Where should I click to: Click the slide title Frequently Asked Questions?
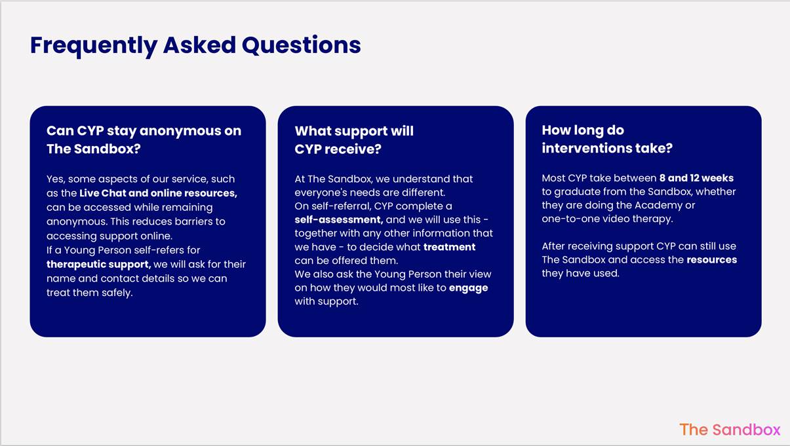[x=195, y=45]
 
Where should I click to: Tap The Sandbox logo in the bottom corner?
[x=730, y=430]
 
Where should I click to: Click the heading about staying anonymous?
[x=144, y=140]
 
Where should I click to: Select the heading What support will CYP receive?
[x=354, y=140]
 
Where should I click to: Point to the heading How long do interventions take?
[x=607, y=139]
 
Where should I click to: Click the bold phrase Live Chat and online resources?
[x=158, y=193]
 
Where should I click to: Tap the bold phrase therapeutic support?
[x=99, y=264]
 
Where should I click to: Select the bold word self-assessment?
[x=338, y=219]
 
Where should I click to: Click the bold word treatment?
[x=449, y=247]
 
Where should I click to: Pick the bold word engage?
[x=468, y=288]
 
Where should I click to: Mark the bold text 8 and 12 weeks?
[x=696, y=178]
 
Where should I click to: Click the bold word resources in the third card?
[x=712, y=259]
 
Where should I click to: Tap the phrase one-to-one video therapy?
[x=607, y=219]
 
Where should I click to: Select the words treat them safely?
[x=90, y=293]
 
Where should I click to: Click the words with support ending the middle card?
[x=326, y=301]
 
